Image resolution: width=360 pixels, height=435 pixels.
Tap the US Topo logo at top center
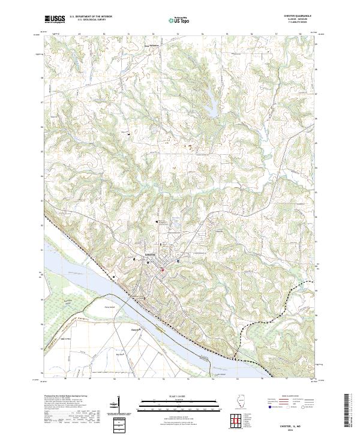point(180,20)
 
